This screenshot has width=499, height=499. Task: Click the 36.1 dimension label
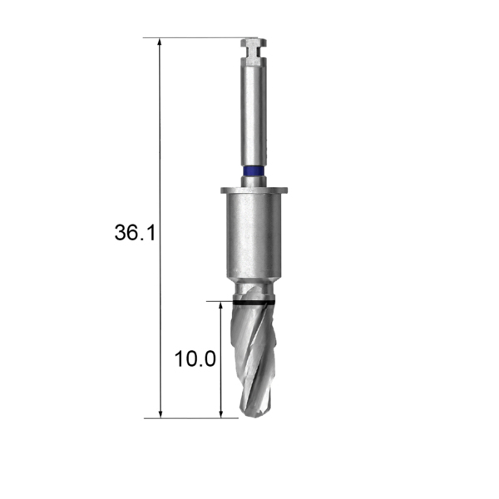click(135, 232)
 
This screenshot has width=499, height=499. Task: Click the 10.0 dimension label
click(195, 359)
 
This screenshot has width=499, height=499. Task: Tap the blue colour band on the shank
click(254, 170)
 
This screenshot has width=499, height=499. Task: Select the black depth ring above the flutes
click(254, 302)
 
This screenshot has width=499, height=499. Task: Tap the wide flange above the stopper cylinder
click(254, 190)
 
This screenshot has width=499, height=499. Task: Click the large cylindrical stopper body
click(254, 235)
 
